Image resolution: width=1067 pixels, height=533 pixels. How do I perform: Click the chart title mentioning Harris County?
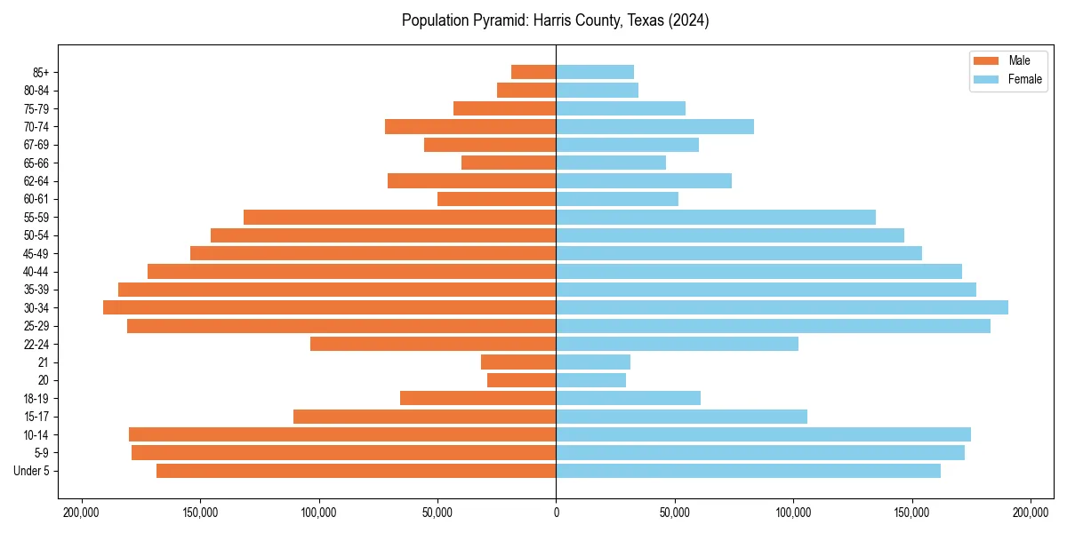click(x=555, y=20)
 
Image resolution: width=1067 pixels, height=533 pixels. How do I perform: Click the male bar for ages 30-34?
click(x=329, y=307)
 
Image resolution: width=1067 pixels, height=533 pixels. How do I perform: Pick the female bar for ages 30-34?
click(x=782, y=307)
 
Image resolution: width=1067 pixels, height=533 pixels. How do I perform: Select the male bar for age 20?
click(x=522, y=380)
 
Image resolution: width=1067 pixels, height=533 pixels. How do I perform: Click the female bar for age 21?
click(x=593, y=362)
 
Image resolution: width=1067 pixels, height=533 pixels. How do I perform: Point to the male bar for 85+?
click(x=533, y=72)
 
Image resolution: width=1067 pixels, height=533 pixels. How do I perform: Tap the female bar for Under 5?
click(x=748, y=471)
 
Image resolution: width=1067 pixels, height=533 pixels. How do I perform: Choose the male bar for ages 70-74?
click(x=470, y=126)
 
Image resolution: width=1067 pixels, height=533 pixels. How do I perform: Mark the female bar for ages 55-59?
click(x=716, y=217)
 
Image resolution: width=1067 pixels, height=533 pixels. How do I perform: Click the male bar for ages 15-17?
click(x=424, y=417)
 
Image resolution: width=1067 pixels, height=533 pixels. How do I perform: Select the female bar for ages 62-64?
click(x=644, y=180)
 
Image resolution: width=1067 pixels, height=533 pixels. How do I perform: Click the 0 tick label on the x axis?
click(x=556, y=513)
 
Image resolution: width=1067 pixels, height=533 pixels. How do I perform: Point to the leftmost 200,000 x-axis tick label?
click(x=82, y=513)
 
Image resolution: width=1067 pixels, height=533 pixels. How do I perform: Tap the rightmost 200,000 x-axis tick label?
click(x=1030, y=513)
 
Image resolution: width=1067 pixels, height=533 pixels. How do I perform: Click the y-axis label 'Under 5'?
click(x=32, y=471)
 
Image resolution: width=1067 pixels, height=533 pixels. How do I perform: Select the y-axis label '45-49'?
click(x=36, y=253)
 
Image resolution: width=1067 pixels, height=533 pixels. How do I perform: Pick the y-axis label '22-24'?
click(x=36, y=344)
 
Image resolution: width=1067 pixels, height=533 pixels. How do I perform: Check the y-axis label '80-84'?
click(x=36, y=90)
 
